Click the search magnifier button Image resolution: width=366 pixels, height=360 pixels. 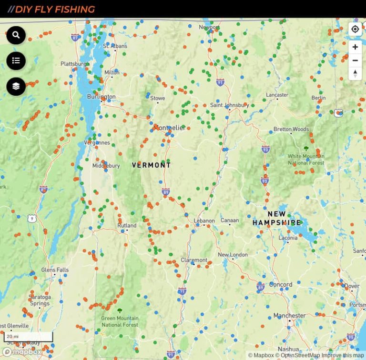pos(16,35)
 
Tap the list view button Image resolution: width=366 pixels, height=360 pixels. pos(16,60)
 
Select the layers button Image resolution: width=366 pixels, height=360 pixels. pos(16,86)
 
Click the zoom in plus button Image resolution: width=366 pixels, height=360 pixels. pos(355,47)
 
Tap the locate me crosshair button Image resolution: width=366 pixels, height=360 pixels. pos(355,29)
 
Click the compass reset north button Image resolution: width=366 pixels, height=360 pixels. pos(355,73)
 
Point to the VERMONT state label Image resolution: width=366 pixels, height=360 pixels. pos(151,165)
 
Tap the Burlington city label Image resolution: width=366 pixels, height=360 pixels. pos(101,97)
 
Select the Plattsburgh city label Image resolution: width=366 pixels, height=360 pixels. pos(74,64)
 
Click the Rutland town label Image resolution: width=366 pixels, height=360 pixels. pos(127,225)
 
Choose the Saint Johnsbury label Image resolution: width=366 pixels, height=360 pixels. pos(229,105)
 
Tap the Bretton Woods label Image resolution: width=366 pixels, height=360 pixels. pos(291,129)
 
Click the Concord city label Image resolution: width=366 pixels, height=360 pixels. pos(280,284)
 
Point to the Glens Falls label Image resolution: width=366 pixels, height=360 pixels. pos(55,270)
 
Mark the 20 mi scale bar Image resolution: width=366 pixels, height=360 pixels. pos(28,337)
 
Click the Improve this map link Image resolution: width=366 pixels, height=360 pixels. pos(343,355)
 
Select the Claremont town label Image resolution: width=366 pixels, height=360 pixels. pos(194,260)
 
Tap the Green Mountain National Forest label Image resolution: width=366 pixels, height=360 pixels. pos(120,321)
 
